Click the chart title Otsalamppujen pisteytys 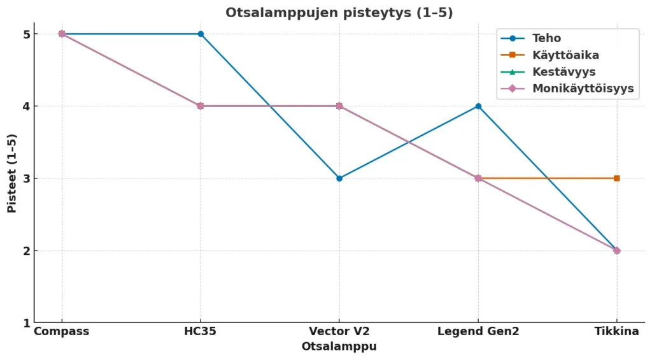[x=339, y=13]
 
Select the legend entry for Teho [x=546, y=38]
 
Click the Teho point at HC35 [x=201, y=34]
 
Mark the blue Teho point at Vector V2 [x=339, y=178]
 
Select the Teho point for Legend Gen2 [x=478, y=106]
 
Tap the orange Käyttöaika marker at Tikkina [x=617, y=178]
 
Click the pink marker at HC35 [x=201, y=106]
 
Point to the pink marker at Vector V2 [x=339, y=106]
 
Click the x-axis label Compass [x=62, y=331]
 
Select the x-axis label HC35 [x=201, y=331]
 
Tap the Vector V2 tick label [x=339, y=331]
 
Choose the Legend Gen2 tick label [x=478, y=331]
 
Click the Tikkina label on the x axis [x=617, y=331]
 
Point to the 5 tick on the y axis [x=26, y=34]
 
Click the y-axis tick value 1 [x=26, y=323]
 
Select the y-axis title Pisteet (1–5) [x=12, y=173]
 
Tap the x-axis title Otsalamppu [x=339, y=347]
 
